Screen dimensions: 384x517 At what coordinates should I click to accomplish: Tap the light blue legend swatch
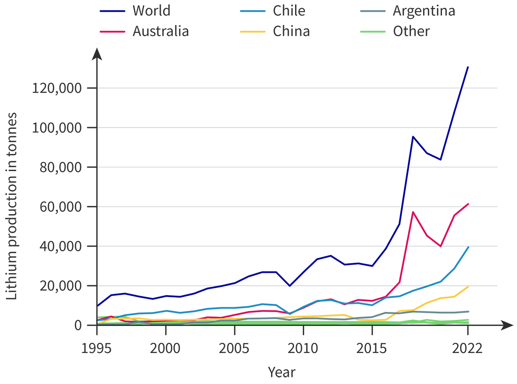[x=234, y=12]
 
